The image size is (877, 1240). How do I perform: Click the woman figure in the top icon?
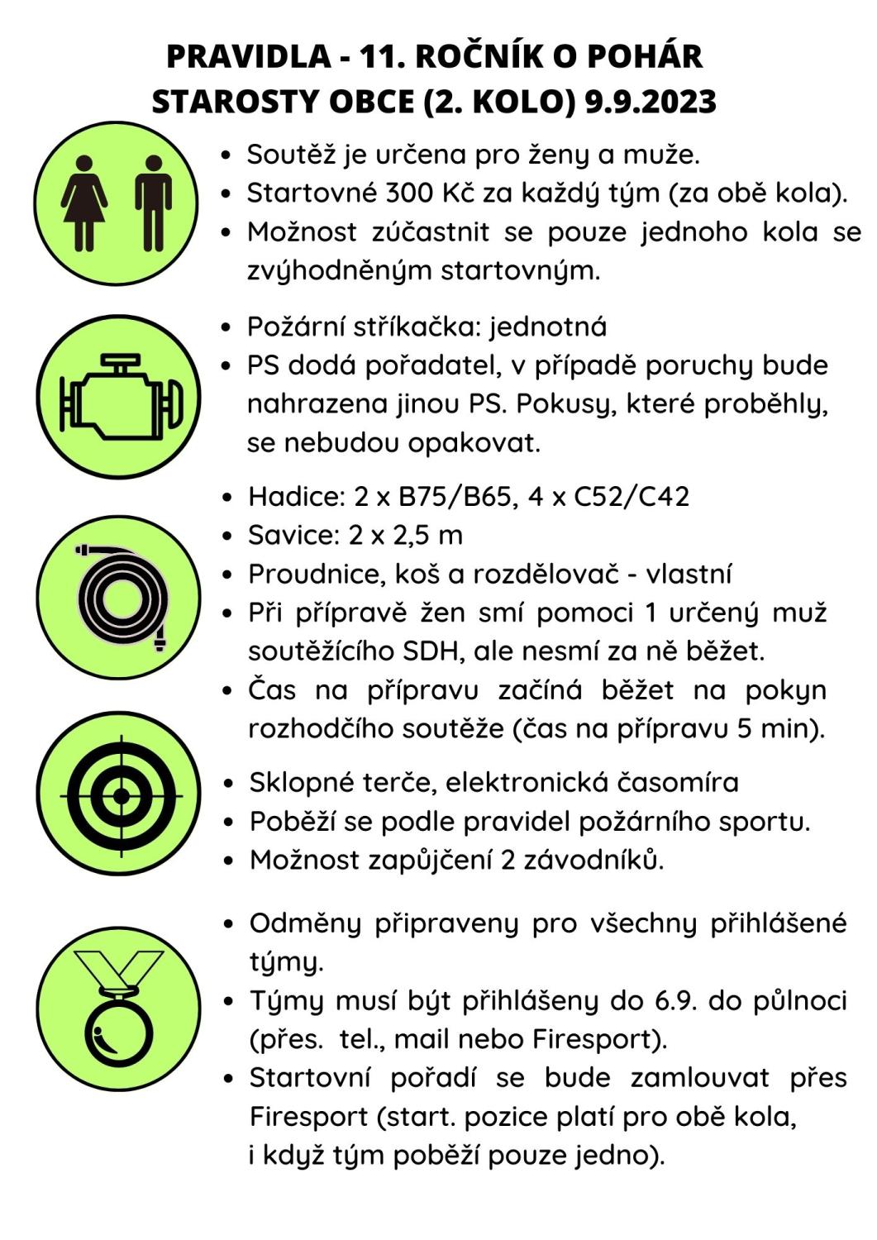pyautogui.click(x=83, y=203)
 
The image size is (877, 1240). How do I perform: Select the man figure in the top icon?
pyautogui.click(x=153, y=203)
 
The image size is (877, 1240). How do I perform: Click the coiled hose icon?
pyautogui.click(x=120, y=597)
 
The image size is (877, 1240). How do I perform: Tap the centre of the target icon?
pyautogui.click(x=121, y=794)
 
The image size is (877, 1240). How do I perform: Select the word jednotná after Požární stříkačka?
pyautogui.click(x=549, y=327)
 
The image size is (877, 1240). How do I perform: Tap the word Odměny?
pyautogui.click(x=305, y=923)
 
